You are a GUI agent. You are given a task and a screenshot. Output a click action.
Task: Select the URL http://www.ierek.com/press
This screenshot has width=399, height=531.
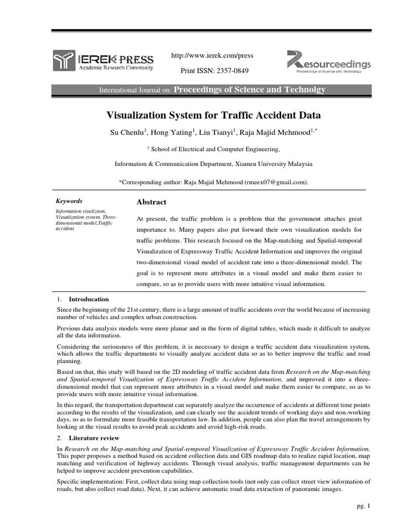212,55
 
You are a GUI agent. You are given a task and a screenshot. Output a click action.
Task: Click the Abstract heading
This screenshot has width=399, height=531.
151,202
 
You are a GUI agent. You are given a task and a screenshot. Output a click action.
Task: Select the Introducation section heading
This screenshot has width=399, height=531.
89,299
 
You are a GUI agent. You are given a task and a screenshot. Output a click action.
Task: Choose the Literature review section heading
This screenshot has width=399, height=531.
94,438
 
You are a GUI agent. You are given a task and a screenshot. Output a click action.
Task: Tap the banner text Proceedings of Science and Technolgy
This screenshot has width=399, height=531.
249,90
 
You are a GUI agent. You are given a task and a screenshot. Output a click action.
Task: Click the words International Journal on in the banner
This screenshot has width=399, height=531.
135,90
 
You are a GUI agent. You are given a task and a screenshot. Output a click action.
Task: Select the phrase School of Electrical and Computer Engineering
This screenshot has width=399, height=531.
215,149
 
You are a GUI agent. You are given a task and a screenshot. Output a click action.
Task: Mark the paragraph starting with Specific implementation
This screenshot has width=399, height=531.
214,485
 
